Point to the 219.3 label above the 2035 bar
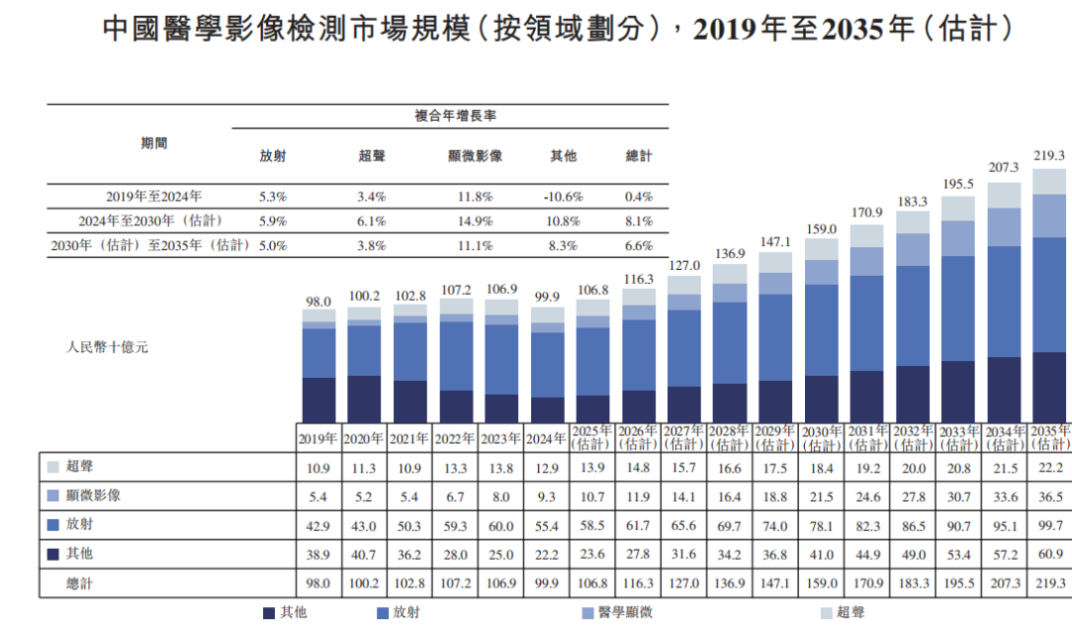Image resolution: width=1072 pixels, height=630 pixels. point(1048,155)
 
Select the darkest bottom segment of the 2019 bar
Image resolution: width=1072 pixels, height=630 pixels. point(319,400)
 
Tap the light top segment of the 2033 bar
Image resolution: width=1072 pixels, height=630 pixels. point(958,207)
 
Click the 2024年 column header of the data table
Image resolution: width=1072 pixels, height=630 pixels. point(547,438)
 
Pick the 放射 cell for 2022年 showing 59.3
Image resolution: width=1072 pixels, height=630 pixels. point(456,524)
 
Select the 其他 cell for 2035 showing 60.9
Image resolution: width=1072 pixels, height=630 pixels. point(1048,554)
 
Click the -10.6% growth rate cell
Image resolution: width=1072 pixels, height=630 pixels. point(563,196)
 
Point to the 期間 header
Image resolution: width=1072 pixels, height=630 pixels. point(155,143)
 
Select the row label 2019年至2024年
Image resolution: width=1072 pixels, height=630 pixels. point(154,196)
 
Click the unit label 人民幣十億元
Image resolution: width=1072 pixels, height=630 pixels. point(107,348)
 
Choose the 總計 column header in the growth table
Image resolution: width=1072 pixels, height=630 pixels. point(639,156)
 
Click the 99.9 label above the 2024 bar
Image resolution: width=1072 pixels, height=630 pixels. point(547,297)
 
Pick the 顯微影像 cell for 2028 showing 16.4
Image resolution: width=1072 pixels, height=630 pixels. point(730,495)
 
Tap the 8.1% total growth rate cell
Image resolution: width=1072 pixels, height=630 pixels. point(639,220)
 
